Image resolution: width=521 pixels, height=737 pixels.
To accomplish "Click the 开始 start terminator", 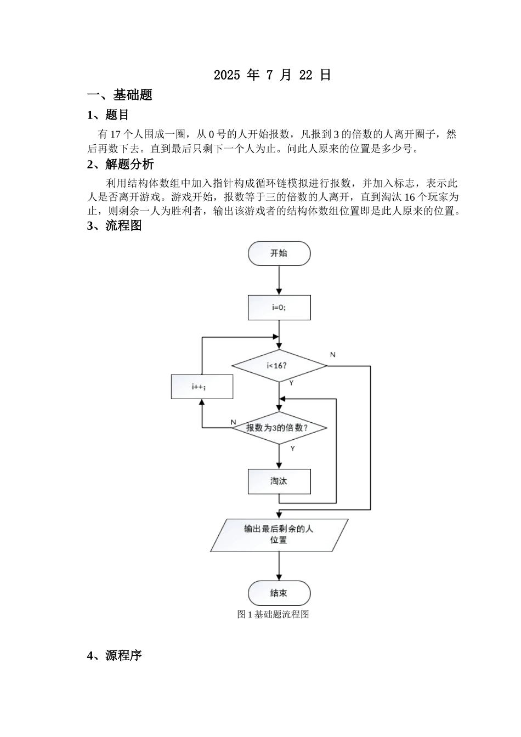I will [x=279, y=253].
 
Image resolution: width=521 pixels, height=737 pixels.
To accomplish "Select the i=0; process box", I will [x=279, y=308].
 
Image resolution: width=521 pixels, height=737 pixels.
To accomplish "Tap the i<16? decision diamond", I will [x=279, y=366].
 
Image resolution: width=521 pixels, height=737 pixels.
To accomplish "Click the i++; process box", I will [x=202, y=387].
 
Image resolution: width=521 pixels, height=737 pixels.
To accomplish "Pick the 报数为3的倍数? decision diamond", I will [x=279, y=428].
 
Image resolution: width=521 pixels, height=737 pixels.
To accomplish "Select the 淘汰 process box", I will [x=279, y=481].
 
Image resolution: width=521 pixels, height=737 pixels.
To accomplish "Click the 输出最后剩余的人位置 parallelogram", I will [x=279, y=535].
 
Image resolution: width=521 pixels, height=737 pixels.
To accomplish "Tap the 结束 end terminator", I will [x=279, y=593].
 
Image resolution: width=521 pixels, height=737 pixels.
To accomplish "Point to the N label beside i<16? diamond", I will [x=332, y=355].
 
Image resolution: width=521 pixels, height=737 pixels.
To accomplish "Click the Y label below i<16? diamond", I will [x=291, y=383].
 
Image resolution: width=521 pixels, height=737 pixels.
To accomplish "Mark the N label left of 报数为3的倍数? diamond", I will [x=233, y=422].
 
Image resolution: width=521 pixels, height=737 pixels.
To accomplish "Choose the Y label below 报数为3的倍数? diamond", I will [x=292, y=449].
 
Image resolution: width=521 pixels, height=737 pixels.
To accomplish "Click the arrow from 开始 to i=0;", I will [x=279, y=281].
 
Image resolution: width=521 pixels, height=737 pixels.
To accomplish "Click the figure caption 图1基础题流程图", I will [x=273, y=614].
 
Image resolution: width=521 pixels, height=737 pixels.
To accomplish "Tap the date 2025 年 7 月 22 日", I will [x=273, y=75].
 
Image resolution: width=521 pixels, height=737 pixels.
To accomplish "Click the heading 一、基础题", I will [x=120, y=95].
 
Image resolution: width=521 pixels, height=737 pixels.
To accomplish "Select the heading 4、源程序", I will [x=114, y=655].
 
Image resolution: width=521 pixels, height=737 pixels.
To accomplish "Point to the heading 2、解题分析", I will [x=120, y=164].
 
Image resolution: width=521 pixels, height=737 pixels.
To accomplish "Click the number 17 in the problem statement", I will [x=116, y=134].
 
